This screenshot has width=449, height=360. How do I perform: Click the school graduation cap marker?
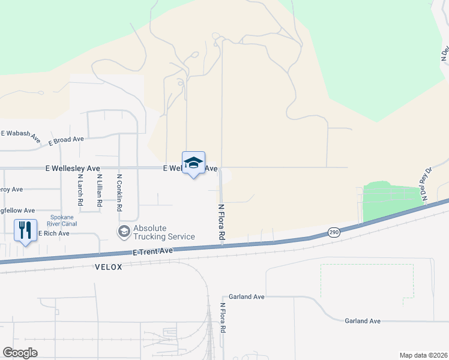pos(193,163)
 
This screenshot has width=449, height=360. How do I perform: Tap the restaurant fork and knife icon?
pos(25,230)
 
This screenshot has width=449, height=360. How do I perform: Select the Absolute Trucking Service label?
pos(164,232)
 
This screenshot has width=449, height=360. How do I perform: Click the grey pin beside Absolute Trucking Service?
pos(124,232)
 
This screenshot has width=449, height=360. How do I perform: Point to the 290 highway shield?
pos(334,232)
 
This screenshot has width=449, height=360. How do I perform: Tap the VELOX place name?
pos(108,267)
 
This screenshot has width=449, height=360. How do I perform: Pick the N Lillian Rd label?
pos(99,193)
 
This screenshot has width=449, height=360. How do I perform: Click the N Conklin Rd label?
pos(119,193)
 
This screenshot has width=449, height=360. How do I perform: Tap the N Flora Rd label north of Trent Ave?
pos(221,223)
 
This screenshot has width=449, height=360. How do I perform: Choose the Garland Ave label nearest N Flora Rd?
pos(247,297)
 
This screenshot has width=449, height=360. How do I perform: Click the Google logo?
pos(20,353)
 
